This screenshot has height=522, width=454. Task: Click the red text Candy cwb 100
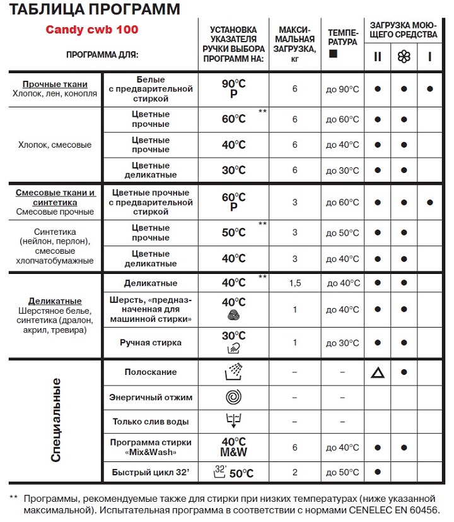pyautogui.click(x=92, y=30)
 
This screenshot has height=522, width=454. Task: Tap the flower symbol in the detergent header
pyautogui.click(x=403, y=57)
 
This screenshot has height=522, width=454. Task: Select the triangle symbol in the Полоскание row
pyautogui.click(x=377, y=372)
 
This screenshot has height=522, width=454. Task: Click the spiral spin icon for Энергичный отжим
pyautogui.click(x=233, y=398)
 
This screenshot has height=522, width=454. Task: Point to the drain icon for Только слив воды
pyautogui.click(x=233, y=421)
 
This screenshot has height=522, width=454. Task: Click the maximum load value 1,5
pyautogui.click(x=294, y=283)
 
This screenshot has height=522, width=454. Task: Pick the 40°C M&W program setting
pyautogui.click(x=233, y=447)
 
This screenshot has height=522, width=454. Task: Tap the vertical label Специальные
pyautogui.click(x=55, y=420)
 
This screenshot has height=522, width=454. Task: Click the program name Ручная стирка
pyautogui.click(x=151, y=343)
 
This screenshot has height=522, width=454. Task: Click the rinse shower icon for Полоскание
pyautogui.click(x=233, y=372)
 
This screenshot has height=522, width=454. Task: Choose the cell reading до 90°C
pyautogui.click(x=342, y=89)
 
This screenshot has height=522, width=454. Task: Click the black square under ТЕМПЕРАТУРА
pyautogui.click(x=334, y=55)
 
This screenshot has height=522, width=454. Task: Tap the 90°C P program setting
pyautogui.click(x=233, y=89)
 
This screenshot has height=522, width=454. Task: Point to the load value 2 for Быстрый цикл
pyautogui.click(x=294, y=472)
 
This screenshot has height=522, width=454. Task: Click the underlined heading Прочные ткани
pyautogui.click(x=55, y=85)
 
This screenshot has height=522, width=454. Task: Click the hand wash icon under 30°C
pyautogui.click(x=233, y=348)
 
